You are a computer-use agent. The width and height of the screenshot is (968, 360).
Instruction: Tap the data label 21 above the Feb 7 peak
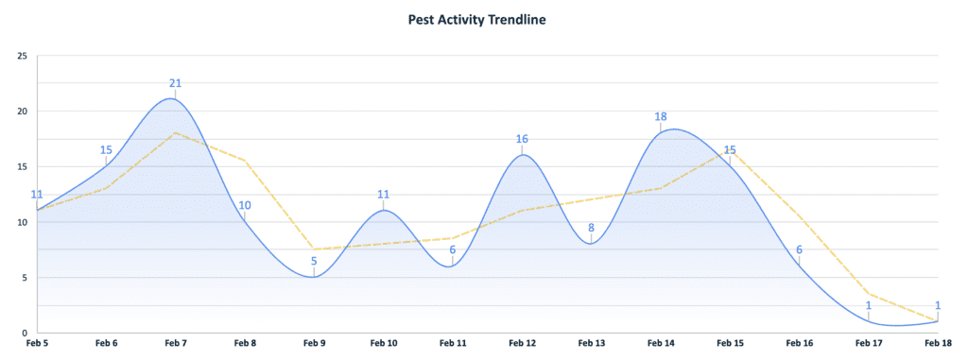pyautogui.click(x=175, y=83)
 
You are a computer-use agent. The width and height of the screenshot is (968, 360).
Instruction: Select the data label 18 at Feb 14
pyautogui.click(x=661, y=117)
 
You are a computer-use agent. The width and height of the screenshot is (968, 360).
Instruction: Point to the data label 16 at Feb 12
pyautogui.click(x=522, y=139)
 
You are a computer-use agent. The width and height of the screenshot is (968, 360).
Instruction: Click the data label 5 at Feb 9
pyautogui.click(x=314, y=262)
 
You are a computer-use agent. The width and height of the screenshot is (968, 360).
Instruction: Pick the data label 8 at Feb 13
pyautogui.click(x=591, y=228)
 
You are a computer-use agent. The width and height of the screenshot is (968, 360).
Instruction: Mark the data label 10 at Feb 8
pyautogui.click(x=244, y=206)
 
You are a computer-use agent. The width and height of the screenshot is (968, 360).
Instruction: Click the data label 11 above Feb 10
pyautogui.click(x=383, y=195)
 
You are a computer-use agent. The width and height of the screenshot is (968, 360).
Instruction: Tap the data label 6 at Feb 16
pyautogui.click(x=799, y=250)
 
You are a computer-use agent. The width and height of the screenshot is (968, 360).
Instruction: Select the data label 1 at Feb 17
pyautogui.click(x=869, y=305)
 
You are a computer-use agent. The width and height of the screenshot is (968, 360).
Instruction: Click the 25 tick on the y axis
pyautogui.click(x=22, y=56)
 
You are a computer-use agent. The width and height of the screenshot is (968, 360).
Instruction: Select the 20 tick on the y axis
pyautogui.click(x=22, y=111)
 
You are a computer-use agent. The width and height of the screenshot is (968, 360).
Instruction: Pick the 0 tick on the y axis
pyautogui.click(x=25, y=334)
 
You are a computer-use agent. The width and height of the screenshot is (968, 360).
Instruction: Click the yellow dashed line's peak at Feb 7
pyautogui.click(x=175, y=133)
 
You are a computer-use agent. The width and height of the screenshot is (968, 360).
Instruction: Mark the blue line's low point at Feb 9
pyautogui.click(x=314, y=277)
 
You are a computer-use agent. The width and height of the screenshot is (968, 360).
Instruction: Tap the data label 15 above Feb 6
pyautogui.click(x=106, y=150)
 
